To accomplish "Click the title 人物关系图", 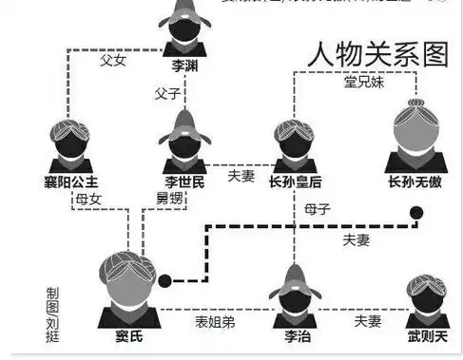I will click(x=377, y=55).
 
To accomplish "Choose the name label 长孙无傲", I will click(x=417, y=181).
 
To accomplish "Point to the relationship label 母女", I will click(x=88, y=199).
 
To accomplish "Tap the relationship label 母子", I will click(x=318, y=208).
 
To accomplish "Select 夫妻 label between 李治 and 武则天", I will click(x=367, y=322).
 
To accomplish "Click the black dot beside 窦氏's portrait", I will click(x=165, y=280).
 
